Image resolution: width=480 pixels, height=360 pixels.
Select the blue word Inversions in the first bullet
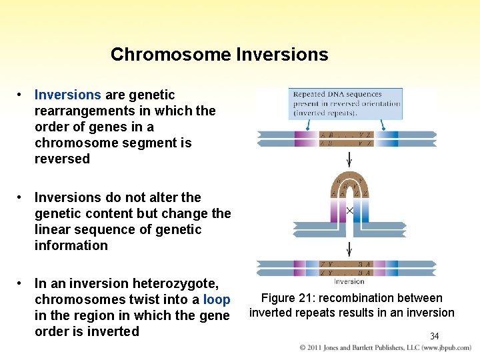click(67, 95)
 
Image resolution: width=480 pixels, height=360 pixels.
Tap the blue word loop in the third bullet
click(217, 299)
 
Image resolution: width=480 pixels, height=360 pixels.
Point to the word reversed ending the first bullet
click(62, 159)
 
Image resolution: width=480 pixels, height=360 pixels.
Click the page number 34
click(434, 336)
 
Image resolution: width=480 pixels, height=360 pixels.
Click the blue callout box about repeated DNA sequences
click(346, 104)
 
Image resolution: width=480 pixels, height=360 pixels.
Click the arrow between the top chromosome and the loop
click(348, 159)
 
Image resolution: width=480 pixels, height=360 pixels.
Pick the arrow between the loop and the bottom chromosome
click(348, 250)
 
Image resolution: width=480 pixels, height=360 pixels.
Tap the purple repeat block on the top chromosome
click(303, 139)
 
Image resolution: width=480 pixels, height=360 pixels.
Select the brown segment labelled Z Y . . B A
click(347, 268)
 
